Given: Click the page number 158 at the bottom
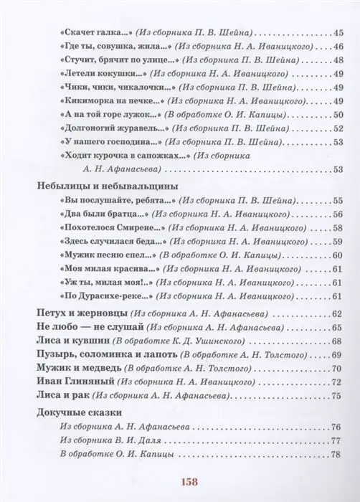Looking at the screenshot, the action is pos(180,482).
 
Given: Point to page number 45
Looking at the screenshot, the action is pos(340,33).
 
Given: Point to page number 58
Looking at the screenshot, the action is pos(340,227).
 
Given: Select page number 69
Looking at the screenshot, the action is pos(340,355).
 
